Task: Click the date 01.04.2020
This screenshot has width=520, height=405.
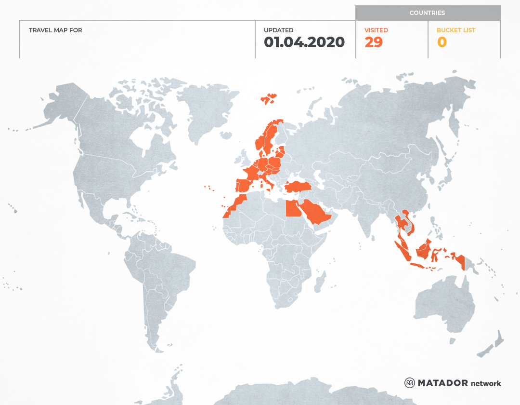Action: coord(304,42)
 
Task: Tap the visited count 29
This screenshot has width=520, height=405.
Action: coord(374,42)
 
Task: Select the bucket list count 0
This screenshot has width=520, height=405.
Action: coord(442,42)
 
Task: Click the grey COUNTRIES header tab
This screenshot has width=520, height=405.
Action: coord(428,13)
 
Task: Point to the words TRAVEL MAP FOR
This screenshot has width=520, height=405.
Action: coord(55,30)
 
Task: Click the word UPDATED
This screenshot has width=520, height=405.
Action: coord(278,30)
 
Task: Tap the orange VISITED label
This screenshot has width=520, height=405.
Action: coord(376,30)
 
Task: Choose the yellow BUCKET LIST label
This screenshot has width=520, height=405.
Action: coord(455,30)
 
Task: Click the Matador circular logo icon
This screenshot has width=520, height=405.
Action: coord(410,383)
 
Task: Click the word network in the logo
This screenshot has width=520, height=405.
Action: coord(486,383)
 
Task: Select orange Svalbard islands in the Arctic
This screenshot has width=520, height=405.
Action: coord(269,99)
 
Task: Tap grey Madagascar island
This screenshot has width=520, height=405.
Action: coord(319,282)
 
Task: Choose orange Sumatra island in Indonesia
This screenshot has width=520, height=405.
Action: coord(402,248)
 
